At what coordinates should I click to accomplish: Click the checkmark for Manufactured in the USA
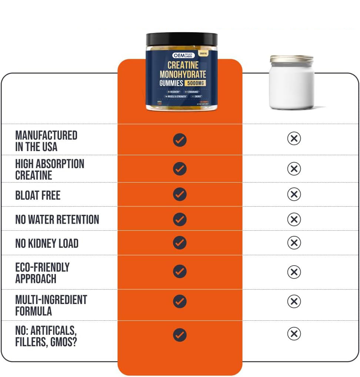point(180,140)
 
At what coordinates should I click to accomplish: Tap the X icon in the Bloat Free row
point(294,194)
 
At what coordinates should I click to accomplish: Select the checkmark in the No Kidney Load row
point(180,243)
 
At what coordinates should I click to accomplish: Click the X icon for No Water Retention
point(294,219)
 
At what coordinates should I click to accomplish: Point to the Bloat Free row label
point(38,195)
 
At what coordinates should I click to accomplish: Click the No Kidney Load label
point(47,243)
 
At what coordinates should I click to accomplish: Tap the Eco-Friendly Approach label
point(42,273)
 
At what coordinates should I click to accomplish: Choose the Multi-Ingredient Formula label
point(51,305)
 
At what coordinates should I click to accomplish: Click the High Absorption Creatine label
point(50,169)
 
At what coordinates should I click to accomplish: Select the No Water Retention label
point(57,219)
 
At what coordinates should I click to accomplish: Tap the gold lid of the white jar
point(291,59)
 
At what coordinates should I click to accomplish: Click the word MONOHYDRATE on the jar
point(183,74)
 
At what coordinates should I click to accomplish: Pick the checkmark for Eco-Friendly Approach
point(180,271)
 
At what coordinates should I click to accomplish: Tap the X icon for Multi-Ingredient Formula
point(294,301)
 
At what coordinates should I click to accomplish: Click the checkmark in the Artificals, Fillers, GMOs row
point(180,335)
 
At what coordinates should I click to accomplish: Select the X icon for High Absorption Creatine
point(294,169)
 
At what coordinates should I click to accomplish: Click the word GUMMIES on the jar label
point(171,83)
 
